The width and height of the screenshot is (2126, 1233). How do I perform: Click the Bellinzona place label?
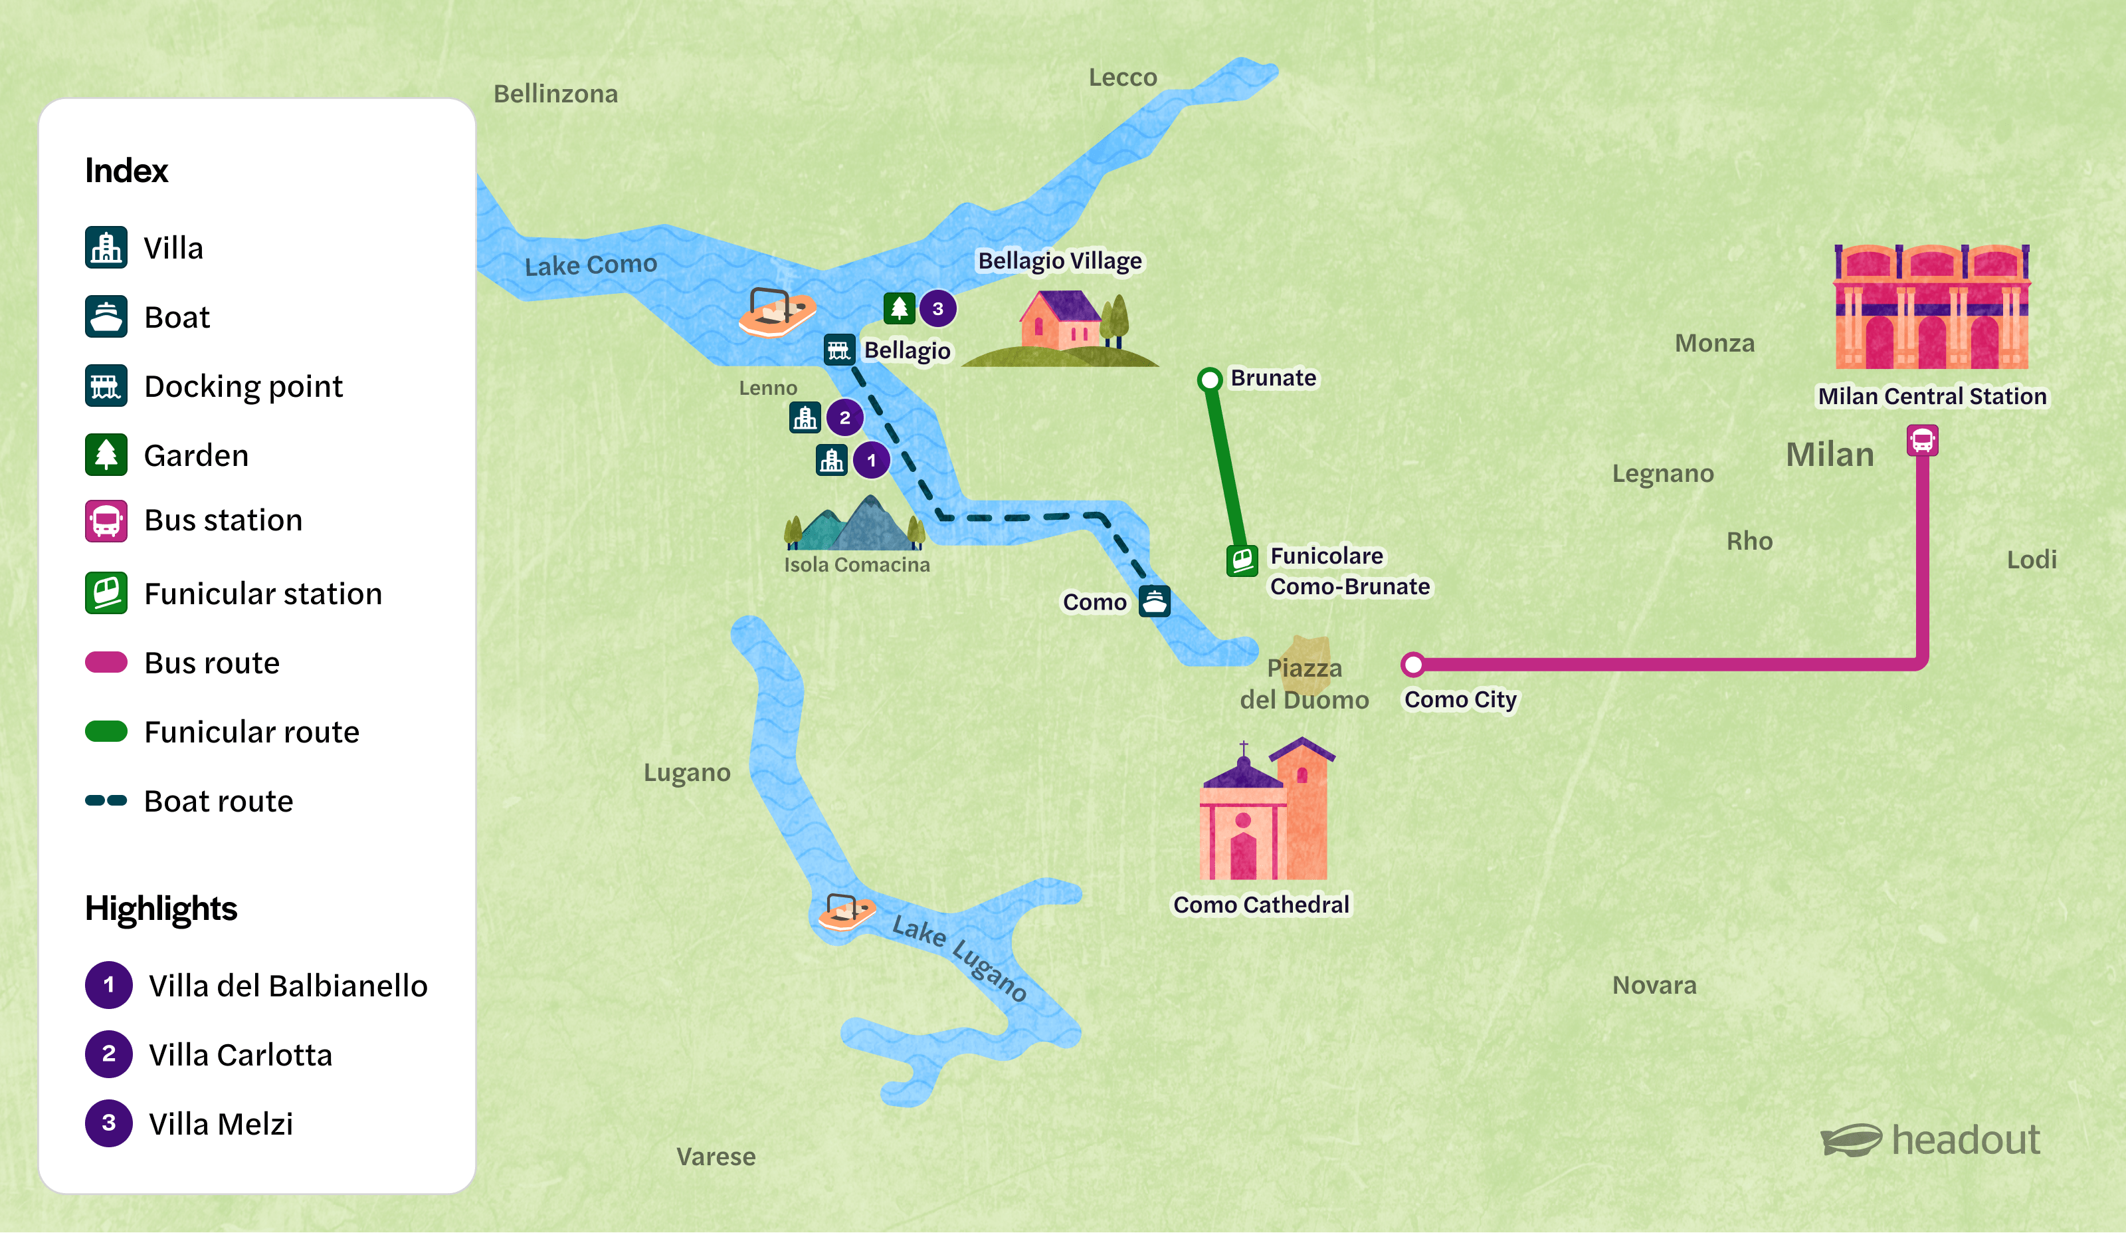[x=555, y=94]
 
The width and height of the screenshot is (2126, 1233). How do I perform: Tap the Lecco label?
[x=1122, y=78]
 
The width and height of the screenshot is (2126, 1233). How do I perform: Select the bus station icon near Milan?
[x=1922, y=441]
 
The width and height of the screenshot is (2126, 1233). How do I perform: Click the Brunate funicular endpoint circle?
[x=1209, y=379]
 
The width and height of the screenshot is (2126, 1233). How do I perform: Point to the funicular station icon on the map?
[x=1242, y=560]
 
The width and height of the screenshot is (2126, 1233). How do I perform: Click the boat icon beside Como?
[x=1154, y=601]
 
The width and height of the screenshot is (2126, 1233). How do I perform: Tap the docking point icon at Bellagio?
[x=838, y=350]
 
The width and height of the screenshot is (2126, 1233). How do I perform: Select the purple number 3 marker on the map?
[x=937, y=309]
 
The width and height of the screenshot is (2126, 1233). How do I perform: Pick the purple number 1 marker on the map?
[x=872, y=461]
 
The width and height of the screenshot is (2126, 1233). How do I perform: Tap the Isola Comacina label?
[x=856, y=564]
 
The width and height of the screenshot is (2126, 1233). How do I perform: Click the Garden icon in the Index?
[x=106, y=455]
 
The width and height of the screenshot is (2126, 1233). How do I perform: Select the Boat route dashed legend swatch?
[x=106, y=800]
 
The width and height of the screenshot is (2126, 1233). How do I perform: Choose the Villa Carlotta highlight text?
[x=241, y=1055]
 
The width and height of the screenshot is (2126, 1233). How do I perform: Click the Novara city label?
[x=1654, y=985]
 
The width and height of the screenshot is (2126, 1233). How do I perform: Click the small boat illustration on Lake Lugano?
[x=846, y=911]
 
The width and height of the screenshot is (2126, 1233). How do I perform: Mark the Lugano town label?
[x=687, y=772]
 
